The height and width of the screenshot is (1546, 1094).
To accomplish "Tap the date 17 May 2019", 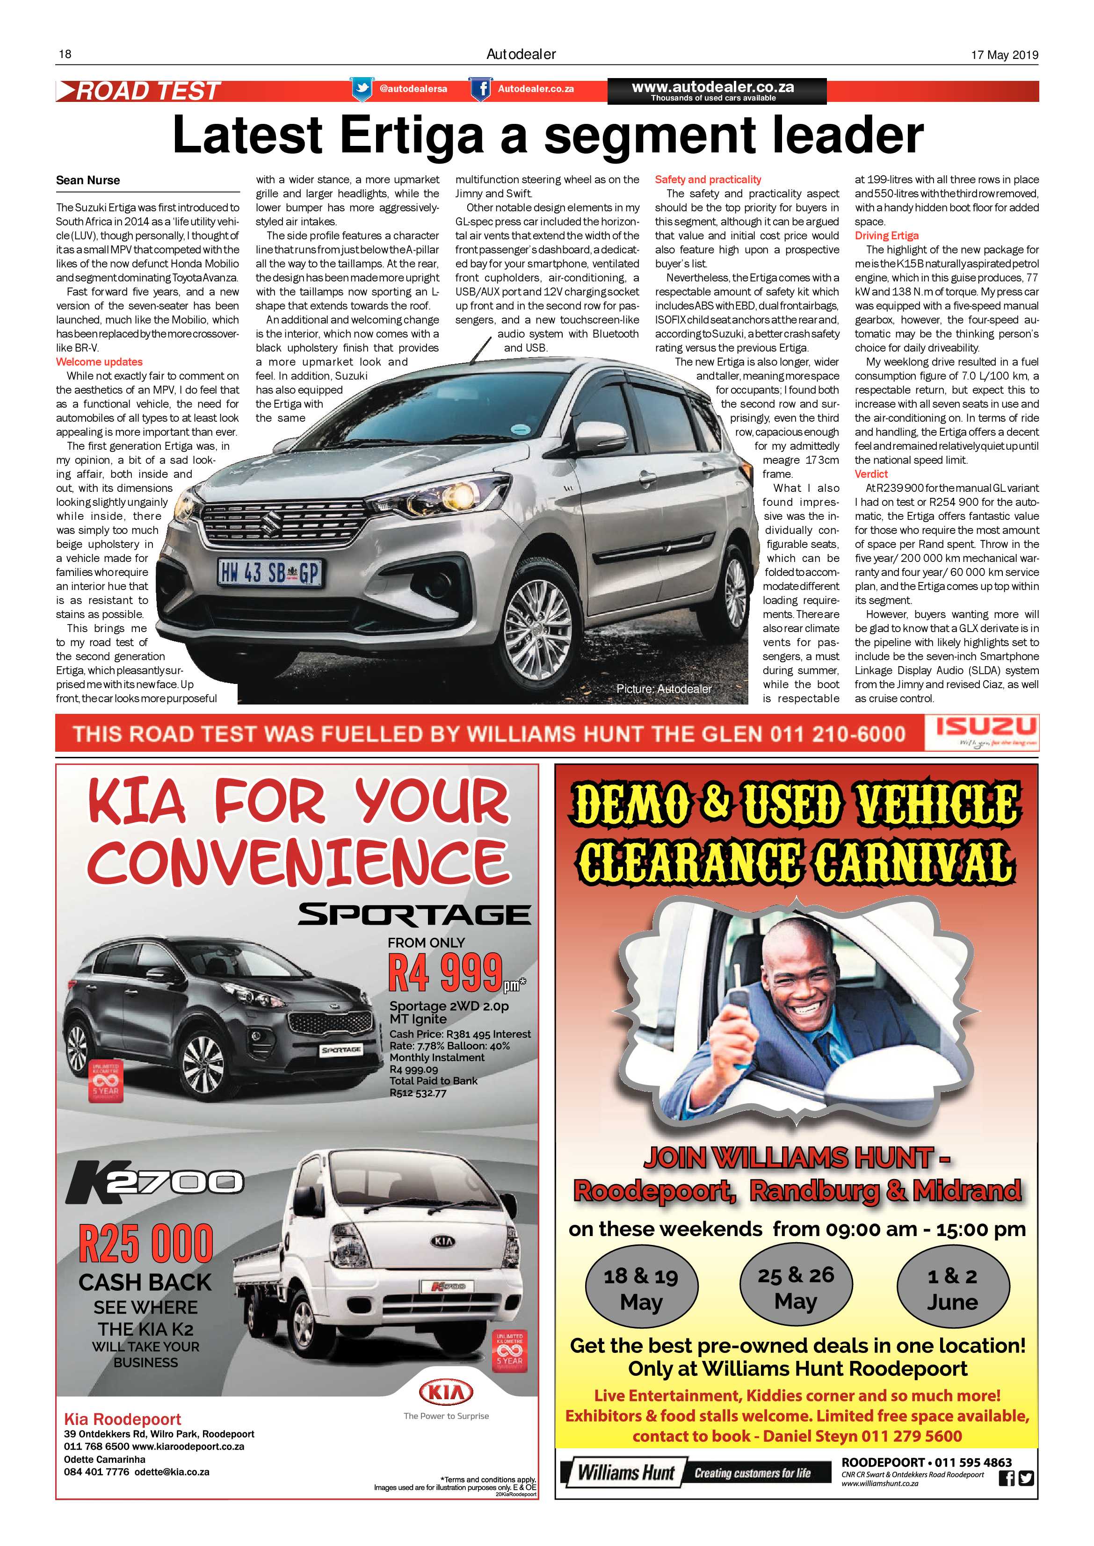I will point(1004,55).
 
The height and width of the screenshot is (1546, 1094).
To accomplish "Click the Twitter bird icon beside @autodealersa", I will point(362,89).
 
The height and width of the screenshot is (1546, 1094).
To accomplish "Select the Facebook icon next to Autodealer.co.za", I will point(480,89).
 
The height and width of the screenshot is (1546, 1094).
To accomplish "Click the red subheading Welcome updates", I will point(99,361).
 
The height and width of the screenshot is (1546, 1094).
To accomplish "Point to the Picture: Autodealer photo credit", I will point(664,689).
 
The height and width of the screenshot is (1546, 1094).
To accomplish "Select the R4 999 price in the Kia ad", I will point(446,972).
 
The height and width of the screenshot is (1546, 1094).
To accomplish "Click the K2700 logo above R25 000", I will point(154,1183).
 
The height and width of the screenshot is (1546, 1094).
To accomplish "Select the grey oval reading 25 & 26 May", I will point(796,1287).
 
